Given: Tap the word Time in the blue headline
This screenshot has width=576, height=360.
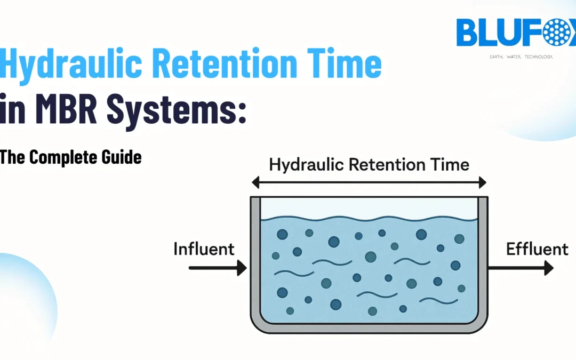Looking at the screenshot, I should pos(347,65).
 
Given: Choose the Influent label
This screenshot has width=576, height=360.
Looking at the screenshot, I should pos(204,249).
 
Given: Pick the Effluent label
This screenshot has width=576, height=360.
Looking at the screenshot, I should pos(537,249).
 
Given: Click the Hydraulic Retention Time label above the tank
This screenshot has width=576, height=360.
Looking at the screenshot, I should pos(369,164).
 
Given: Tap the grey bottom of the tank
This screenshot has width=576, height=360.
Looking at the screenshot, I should pos(369,328).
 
